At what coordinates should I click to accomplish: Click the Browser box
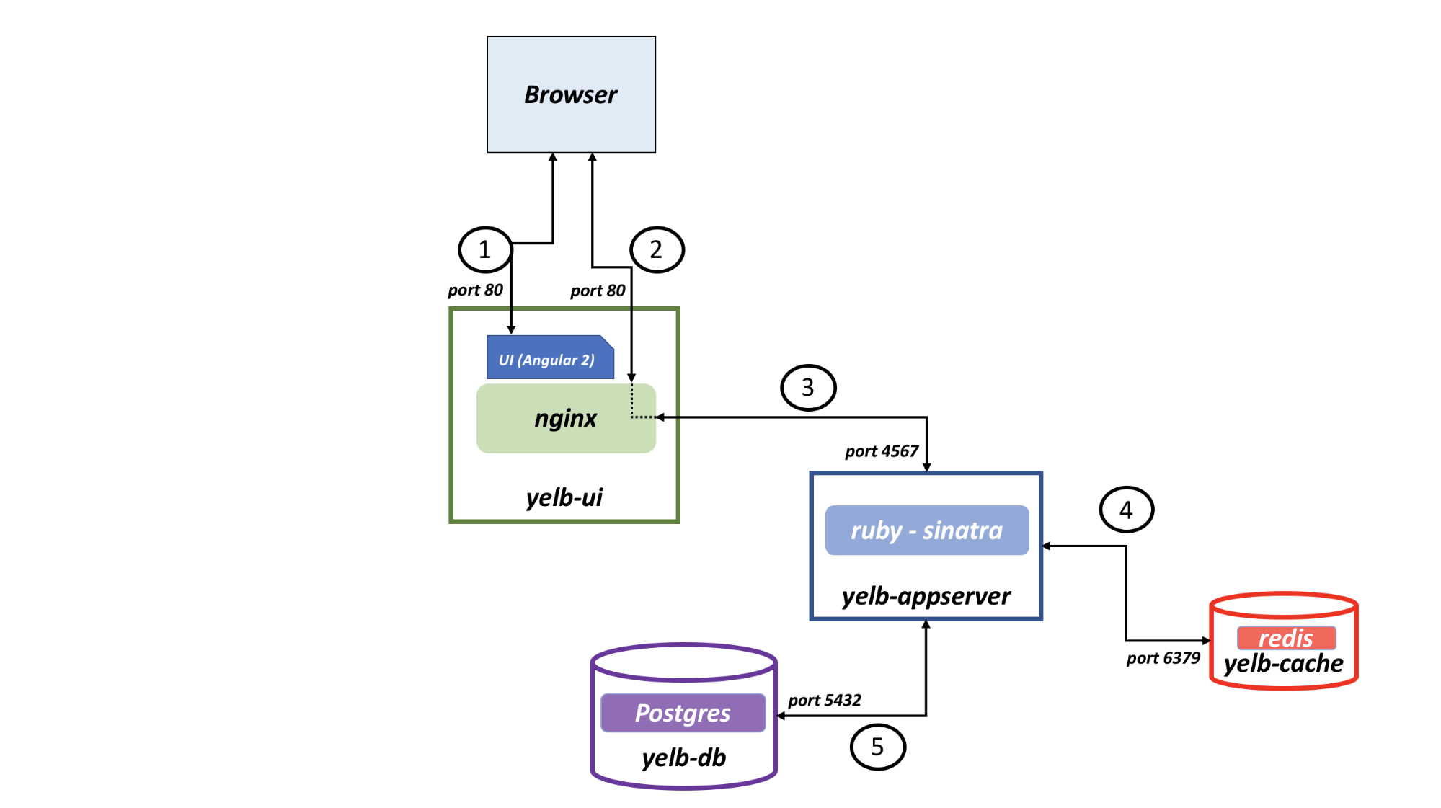[571, 94]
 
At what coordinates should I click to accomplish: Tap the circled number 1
[485, 249]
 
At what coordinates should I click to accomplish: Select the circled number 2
[657, 249]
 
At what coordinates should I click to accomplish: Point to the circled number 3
[808, 388]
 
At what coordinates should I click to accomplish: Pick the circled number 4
[1126, 510]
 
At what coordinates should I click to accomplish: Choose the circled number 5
[877, 747]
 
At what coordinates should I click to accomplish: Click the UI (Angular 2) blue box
[550, 357]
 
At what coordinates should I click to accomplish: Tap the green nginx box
[566, 418]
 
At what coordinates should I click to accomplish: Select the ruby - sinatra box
[927, 530]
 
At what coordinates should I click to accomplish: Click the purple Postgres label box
[683, 713]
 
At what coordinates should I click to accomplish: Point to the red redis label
[1286, 638]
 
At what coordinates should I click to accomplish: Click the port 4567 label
[882, 451]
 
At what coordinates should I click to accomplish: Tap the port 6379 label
[1163, 658]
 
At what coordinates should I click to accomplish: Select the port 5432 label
[825, 700]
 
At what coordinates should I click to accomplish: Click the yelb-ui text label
[564, 497]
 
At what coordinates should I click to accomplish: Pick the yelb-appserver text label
[926, 596]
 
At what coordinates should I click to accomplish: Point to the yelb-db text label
[684, 758]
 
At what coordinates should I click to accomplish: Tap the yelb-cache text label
[1284, 663]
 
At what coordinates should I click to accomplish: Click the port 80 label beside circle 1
[475, 290]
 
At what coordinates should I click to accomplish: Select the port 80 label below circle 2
[598, 290]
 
